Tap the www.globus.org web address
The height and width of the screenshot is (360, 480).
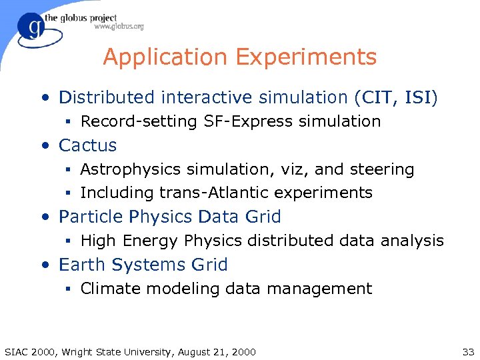point(119,27)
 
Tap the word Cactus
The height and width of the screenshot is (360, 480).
point(87,145)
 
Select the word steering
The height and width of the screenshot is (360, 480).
point(383,169)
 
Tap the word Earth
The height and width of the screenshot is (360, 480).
point(79,265)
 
